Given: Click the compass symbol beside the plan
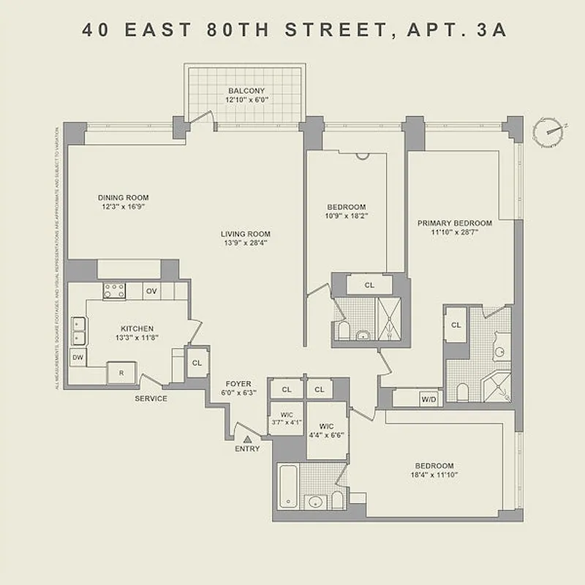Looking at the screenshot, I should [550, 131].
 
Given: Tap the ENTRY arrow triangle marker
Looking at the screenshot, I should [247, 439].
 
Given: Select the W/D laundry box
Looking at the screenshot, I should [428, 399].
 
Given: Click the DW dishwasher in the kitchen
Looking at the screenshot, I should [78, 358].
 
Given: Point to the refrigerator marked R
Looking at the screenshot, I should [121, 372].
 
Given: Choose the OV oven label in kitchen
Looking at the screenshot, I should [151, 291].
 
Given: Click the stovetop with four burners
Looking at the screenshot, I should [113, 290].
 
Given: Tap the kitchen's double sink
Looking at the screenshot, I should [78, 331].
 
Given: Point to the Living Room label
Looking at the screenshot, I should [241, 234].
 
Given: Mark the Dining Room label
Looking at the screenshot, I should [124, 197].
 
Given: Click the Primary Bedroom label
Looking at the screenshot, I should [454, 223].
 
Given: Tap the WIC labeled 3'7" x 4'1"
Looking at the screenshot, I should [286, 418].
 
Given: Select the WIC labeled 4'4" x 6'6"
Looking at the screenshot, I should [325, 429].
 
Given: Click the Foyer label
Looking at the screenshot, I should [238, 384].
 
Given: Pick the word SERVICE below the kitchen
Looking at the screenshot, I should [151, 399].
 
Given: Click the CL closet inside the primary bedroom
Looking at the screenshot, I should [456, 325].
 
